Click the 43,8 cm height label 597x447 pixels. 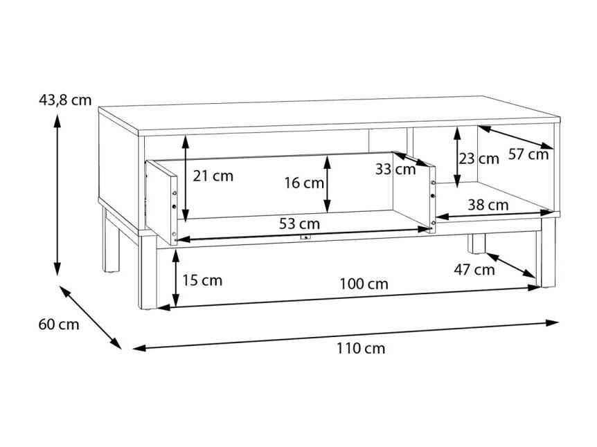point(65,100)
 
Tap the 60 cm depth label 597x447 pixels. point(59,325)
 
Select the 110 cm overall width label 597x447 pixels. point(361,348)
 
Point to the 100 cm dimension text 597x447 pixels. point(364,284)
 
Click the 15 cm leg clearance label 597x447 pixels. point(202,280)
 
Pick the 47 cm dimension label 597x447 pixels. point(474,270)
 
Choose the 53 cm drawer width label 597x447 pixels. point(299,223)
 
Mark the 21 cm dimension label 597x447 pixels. point(213,176)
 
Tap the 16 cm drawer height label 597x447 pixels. point(304,183)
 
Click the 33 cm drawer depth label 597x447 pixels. point(395,170)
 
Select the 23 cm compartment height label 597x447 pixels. point(479,158)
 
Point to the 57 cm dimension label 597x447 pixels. point(528,154)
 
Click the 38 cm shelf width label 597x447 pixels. point(488,205)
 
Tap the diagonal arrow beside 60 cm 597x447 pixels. point(90,317)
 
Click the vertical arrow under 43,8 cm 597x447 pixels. point(57,194)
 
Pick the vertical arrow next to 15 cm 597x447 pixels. point(175,278)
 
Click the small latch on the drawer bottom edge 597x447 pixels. point(305,237)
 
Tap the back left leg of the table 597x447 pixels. point(111,240)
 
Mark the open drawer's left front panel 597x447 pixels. point(161,202)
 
